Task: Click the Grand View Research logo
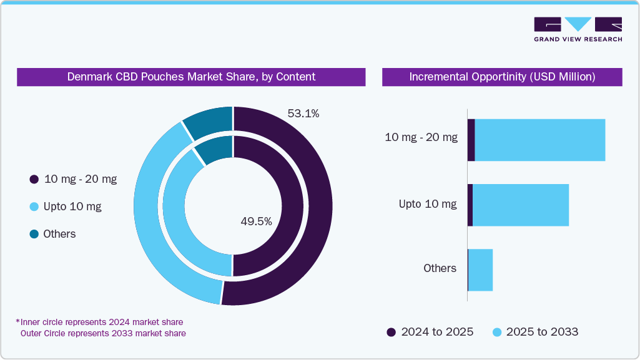coord(578,29)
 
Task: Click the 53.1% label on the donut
coord(303,114)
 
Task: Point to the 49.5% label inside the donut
coord(256,221)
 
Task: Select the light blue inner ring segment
coord(181,237)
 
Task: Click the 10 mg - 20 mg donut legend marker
coord(34,180)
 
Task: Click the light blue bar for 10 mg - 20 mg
coord(540,140)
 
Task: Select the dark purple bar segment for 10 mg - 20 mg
coord(471,140)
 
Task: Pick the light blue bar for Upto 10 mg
coord(520,205)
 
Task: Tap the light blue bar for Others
coord(480,270)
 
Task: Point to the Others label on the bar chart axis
coord(440,268)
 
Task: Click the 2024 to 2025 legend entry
coord(430,332)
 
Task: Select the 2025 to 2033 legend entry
coord(536,332)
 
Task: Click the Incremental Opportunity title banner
coord(502,77)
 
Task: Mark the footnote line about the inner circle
coord(100,322)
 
